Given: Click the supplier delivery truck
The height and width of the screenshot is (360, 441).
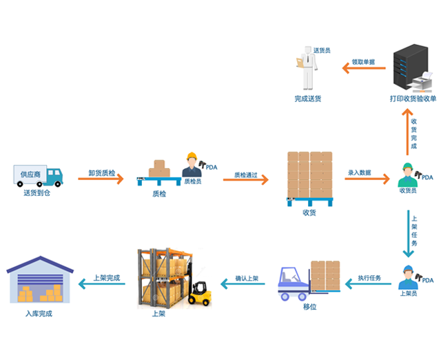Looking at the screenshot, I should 37,177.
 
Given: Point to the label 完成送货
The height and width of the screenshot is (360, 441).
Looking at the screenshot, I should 307,99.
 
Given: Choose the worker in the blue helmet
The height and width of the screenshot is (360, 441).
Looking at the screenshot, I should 408,277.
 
